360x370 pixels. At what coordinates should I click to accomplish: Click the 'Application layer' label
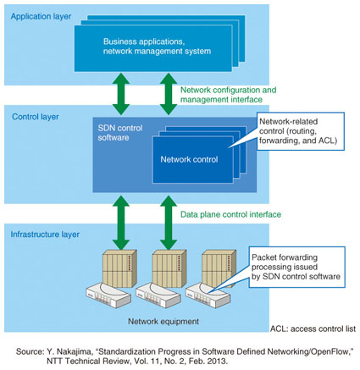(41, 17)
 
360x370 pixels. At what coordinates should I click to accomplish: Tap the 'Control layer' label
(36, 117)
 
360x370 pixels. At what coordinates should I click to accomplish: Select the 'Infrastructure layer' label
(45, 235)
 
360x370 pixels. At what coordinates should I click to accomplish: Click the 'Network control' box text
(189, 159)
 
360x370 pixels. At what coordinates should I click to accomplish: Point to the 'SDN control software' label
(120, 133)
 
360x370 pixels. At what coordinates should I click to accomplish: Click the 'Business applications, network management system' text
(157, 47)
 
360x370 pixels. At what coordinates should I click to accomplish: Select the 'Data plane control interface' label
(230, 214)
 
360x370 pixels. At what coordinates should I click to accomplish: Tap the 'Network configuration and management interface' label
(228, 95)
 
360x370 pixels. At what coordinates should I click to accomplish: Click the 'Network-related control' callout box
(301, 131)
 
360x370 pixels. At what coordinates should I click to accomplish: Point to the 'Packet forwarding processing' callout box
(296, 267)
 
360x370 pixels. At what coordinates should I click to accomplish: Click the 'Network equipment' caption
(163, 322)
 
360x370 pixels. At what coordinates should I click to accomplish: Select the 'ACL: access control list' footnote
(313, 329)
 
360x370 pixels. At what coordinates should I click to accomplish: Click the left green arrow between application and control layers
(121, 94)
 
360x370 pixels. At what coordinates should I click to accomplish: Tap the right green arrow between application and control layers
(169, 94)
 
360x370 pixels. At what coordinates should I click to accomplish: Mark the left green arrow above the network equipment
(121, 223)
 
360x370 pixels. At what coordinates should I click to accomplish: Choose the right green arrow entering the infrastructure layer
(169, 223)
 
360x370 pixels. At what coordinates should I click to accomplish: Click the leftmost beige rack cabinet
(119, 268)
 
